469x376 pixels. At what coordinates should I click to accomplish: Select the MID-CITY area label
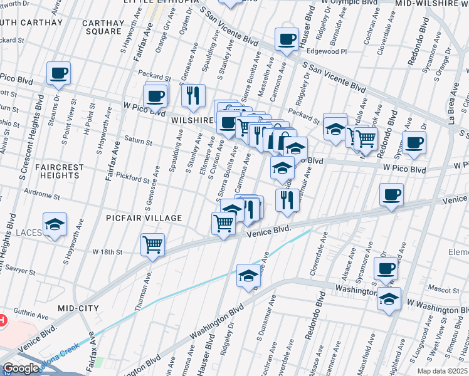[x=78, y=308]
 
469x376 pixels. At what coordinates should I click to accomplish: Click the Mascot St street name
[x=444, y=289]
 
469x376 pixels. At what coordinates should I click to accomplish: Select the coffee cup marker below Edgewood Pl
[x=287, y=40]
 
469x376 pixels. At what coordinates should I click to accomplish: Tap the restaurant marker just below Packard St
[x=194, y=95]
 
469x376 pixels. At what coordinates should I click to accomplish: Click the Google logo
[x=21, y=368]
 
